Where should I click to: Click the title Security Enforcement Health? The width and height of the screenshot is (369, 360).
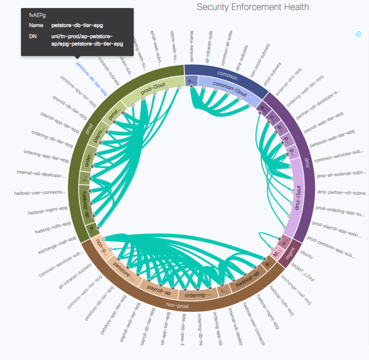click(x=253, y=7)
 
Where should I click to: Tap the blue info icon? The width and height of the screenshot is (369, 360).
click(x=358, y=34)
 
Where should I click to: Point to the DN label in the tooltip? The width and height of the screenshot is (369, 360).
click(x=32, y=36)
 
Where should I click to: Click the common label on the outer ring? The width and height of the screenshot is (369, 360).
click(x=227, y=74)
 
